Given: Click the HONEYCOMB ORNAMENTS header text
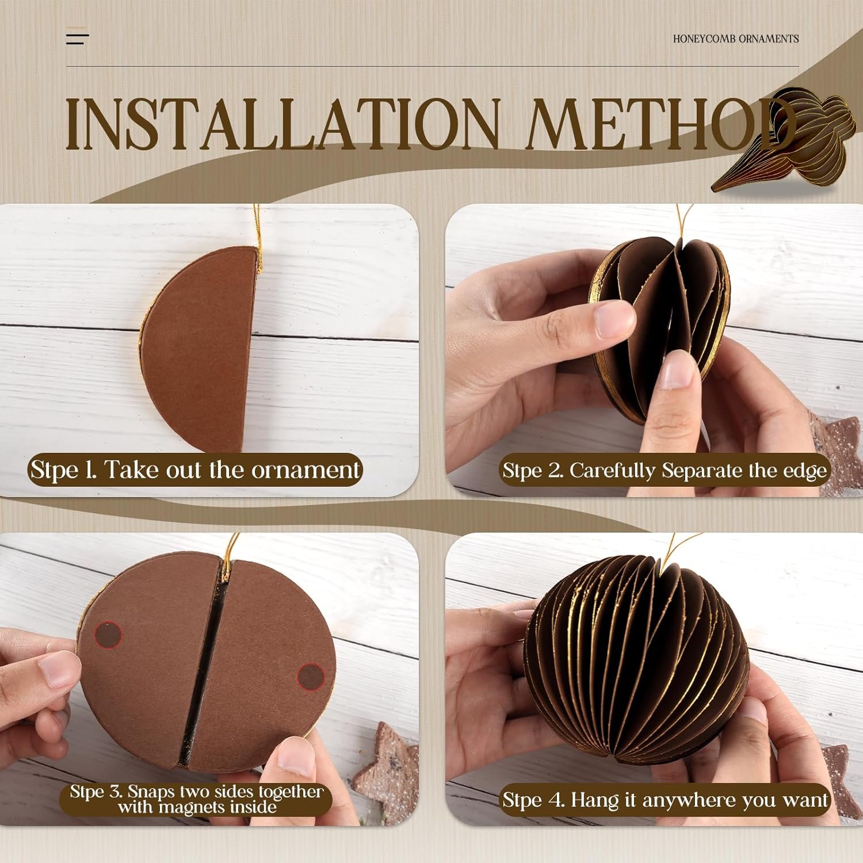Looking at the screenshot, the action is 736,39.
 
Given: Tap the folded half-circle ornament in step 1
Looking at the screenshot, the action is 198,349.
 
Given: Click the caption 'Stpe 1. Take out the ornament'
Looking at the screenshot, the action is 195,469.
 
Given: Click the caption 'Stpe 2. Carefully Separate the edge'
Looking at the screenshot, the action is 665,470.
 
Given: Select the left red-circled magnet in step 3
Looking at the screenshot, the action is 108,635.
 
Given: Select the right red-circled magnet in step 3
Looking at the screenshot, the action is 311,677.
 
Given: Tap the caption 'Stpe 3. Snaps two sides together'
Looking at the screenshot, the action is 197,792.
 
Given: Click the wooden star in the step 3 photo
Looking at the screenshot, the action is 385,774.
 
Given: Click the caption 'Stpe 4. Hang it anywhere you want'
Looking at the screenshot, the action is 665,800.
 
